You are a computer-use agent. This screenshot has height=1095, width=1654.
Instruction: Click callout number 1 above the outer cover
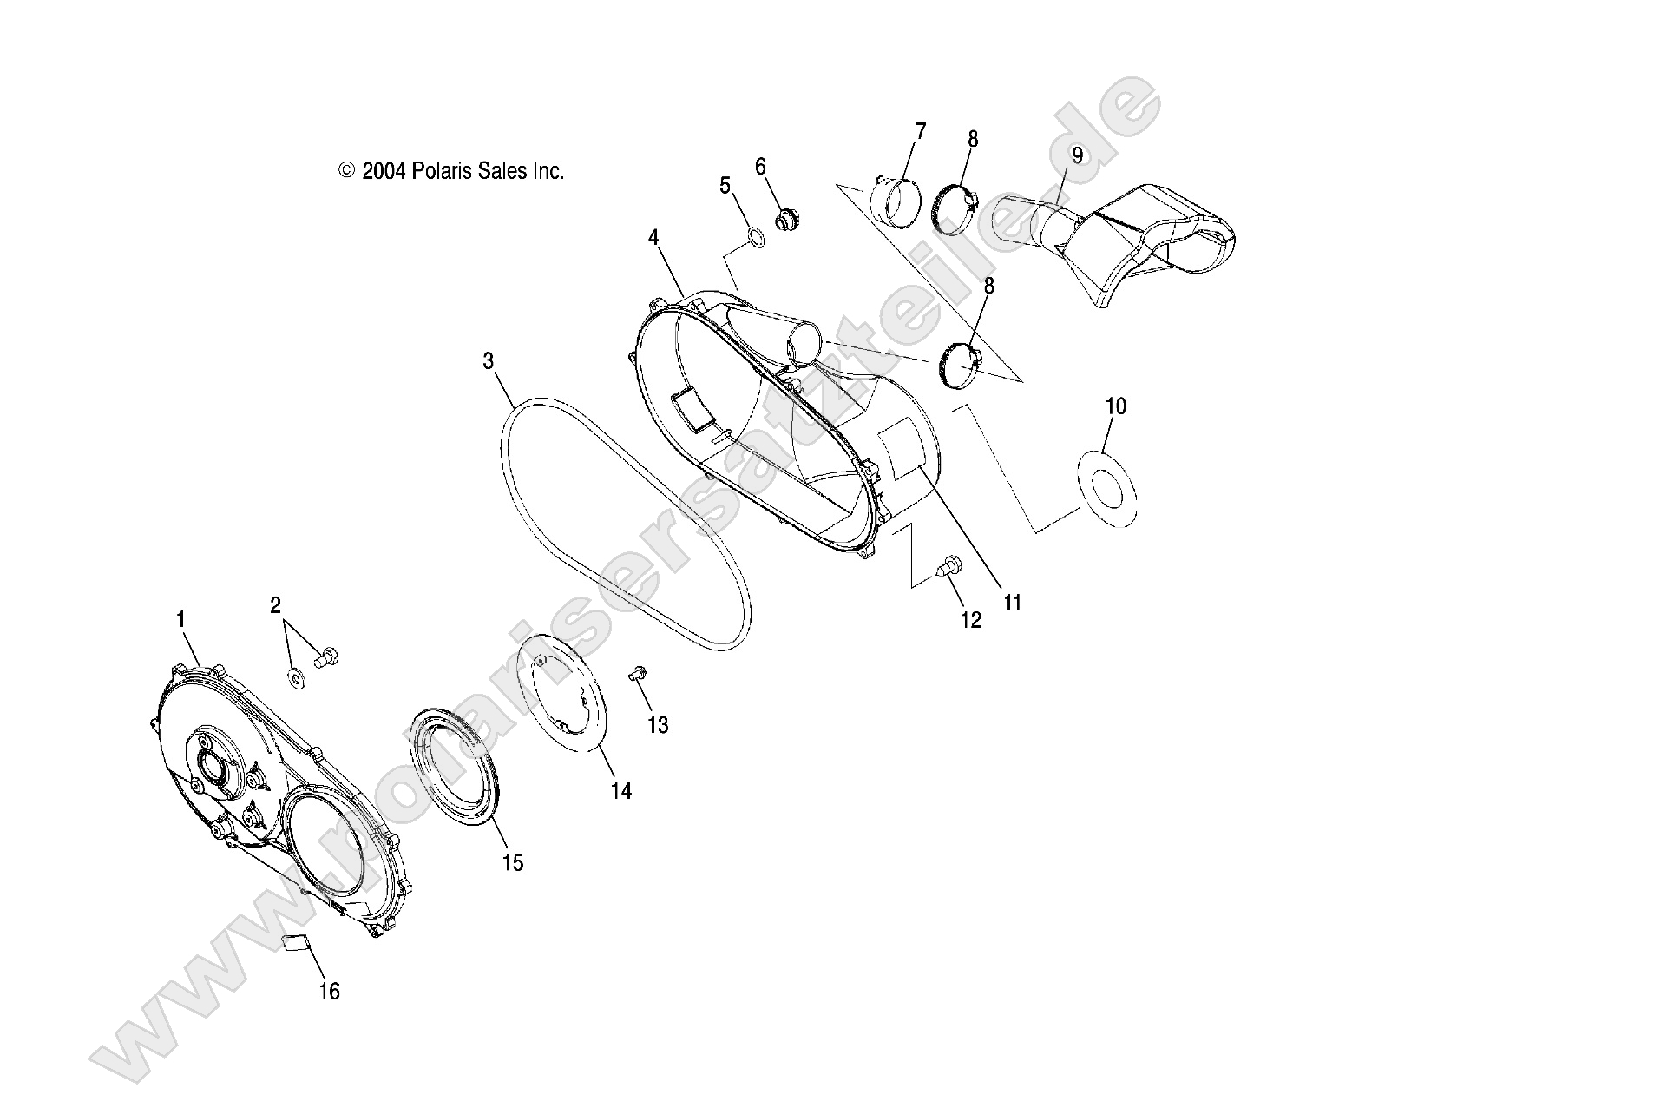tap(180, 619)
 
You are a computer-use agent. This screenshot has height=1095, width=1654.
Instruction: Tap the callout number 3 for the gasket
tap(489, 360)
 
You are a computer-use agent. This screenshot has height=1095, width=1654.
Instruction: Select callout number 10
tap(1115, 406)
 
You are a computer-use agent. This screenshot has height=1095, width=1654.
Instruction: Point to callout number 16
tap(329, 990)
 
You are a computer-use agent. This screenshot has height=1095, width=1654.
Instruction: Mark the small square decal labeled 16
tap(298, 943)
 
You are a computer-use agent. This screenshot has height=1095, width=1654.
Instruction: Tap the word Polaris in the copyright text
tap(443, 171)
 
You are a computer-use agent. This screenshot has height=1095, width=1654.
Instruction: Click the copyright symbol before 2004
tap(347, 171)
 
